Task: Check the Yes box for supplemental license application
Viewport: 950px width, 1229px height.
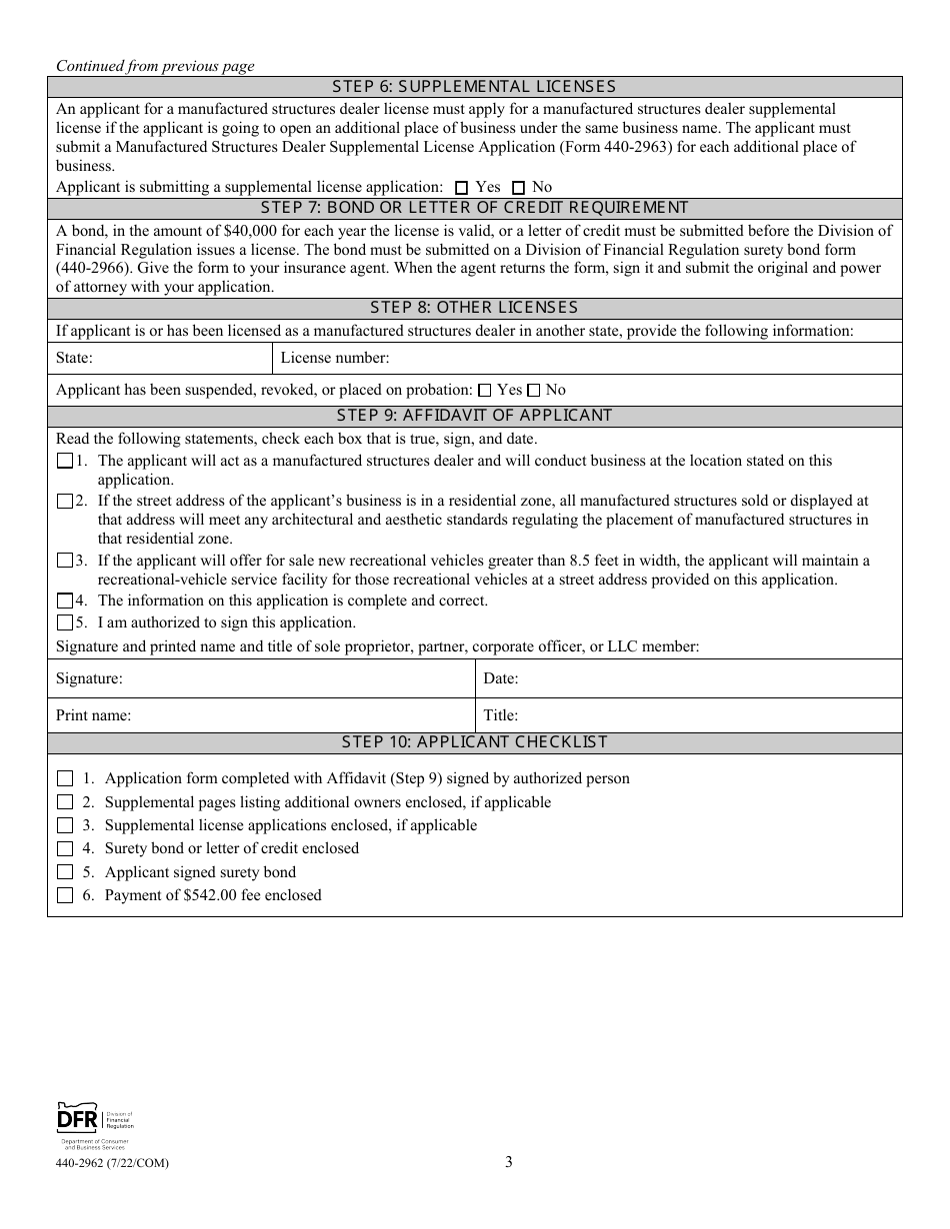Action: (x=461, y=188)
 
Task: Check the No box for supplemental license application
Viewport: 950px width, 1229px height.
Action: (x=518, y=188)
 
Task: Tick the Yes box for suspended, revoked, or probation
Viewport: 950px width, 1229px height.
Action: (x=485, y=391)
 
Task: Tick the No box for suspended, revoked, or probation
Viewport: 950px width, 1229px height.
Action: (x=534, y=391)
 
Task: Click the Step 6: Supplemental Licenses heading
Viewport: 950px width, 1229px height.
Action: (x=475, y=87)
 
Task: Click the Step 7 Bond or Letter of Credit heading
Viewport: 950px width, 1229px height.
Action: (x=475, y=208)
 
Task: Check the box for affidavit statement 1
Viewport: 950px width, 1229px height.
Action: (x=65, y=462)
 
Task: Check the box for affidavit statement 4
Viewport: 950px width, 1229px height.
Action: (x=65, y=602)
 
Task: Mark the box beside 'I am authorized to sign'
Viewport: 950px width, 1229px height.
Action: (x=65, y=622)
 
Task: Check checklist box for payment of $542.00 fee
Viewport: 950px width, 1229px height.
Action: (x=65, y=896)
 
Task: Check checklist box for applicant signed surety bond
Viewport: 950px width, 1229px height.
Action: (x=65, y=872)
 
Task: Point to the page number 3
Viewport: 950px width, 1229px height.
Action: (x=509, y=1162)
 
